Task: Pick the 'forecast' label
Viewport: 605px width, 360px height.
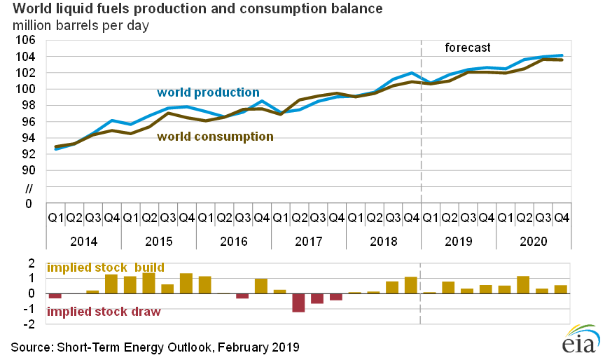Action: (x=468, y=48)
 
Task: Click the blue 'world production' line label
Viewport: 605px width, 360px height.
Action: (x=208, y=92)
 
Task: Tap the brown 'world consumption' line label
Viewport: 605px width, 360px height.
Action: (x=215, y=137)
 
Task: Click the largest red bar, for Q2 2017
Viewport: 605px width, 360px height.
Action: (x=298, y=303)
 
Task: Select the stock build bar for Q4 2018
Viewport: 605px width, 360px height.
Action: (x=411, y=285)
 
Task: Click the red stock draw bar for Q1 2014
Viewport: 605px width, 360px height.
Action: (x=55, y=296)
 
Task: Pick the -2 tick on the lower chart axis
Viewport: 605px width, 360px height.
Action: (x=31, y=324)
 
